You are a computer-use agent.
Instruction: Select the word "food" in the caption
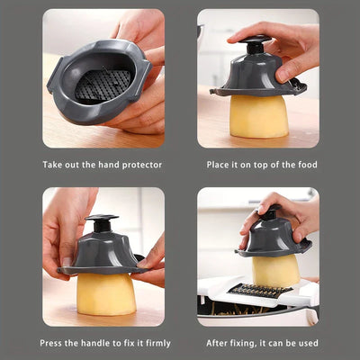click(x=308, y=165)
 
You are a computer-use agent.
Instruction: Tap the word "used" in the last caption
click(x=308, y=343)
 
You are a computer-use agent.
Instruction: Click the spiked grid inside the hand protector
click(x=103, y=85)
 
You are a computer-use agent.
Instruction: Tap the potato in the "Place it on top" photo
click(x=259, y=116)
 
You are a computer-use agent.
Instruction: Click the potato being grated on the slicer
click(x=276, y=270)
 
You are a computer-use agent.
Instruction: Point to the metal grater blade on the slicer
click(x=260, y=291)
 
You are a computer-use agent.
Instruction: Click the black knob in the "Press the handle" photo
click(x=102, y=223)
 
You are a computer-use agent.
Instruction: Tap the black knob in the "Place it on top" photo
click(x=255, y=44)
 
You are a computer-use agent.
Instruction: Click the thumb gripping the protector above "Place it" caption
click(x=286, y=71)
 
